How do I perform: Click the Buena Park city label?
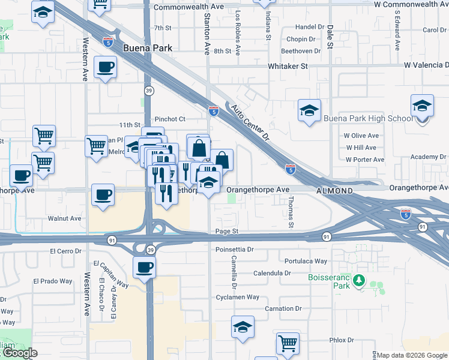point(147,48)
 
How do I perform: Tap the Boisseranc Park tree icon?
point(358,280)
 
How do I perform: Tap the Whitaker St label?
point(288,66)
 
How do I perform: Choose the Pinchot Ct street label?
point(170,119)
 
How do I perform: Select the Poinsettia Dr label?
point(234,249)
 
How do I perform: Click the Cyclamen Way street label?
point(238,297)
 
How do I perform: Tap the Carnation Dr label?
point(283,308)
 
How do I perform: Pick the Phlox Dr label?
point(342,340)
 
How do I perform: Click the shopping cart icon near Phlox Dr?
point(288,343)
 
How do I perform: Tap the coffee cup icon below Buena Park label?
point(105,67)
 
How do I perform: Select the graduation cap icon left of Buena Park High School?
point(309,110)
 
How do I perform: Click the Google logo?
point(19,353)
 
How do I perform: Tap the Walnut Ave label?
point(66,218)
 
